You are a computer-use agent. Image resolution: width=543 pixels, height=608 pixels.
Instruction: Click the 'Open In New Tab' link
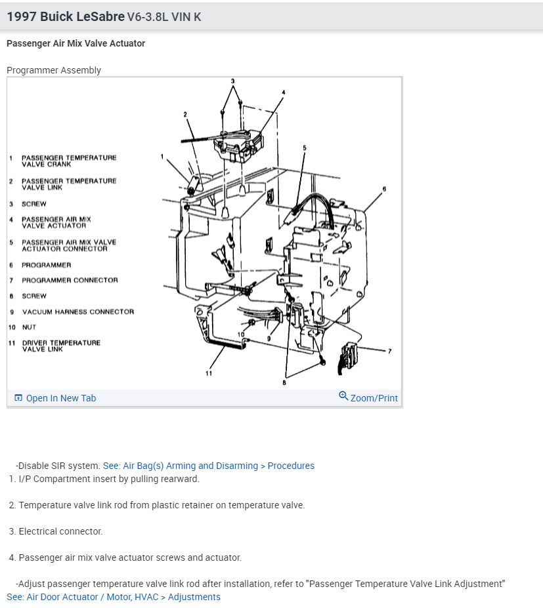pos(60,398)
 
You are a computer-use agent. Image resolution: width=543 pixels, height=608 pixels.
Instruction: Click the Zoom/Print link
pos(374,398)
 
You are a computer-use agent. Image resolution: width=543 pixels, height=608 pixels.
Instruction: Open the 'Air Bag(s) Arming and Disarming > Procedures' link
pos(209,466)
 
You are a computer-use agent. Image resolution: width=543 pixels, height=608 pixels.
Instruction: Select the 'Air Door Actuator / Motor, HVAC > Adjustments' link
pos(114,597)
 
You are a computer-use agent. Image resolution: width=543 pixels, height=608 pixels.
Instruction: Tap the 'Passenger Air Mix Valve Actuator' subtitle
pos(76,43)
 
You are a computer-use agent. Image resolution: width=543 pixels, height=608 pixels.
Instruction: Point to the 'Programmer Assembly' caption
pos(54,70)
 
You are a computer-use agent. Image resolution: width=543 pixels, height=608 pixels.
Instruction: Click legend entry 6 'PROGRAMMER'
pos(46,265)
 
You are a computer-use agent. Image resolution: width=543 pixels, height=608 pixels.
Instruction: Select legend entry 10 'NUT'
pos(29,327)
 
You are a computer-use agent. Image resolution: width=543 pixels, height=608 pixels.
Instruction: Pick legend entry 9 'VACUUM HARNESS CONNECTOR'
pos(77,312)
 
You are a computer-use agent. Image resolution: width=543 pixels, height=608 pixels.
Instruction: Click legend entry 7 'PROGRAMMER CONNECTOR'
pos(70,280)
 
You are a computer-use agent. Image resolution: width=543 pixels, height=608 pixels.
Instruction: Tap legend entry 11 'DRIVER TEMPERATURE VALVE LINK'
pos(61,346)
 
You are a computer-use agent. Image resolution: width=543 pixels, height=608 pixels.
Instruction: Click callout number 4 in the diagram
pos(284,92)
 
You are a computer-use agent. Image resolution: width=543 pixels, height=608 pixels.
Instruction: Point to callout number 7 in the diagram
pos(389,351)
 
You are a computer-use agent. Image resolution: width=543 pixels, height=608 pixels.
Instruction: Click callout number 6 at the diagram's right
pos(384,190)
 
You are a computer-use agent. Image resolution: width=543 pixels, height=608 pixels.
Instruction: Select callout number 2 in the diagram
pos(185,115)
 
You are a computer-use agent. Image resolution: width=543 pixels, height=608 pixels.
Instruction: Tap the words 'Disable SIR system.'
pos(58,466)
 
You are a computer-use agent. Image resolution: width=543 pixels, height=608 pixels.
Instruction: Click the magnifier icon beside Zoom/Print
pos(343,395)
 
